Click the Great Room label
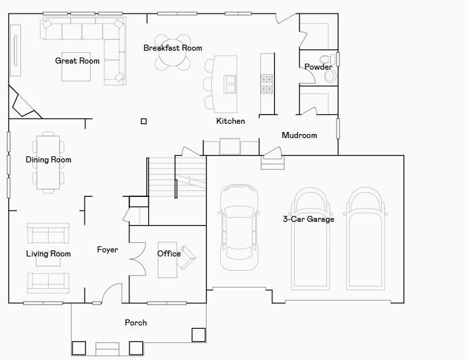tap(77, 61)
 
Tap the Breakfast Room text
tap(173, 48)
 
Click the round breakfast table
tap(173, 53)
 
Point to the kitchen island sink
tap(230, 84)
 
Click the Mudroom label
tap(299, 135)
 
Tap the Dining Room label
tap(49, 160)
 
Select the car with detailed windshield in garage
tap(239, 227)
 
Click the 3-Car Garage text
tap(309, 219)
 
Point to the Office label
tap(169, 254)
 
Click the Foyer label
tap(108, 250)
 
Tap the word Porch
tap(136, 323)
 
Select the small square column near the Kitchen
tap(144, 121)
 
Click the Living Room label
tap(48, 254)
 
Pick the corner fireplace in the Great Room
tap(22, 103)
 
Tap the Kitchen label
tap(230, 121)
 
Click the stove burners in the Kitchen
tap(267, 84)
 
